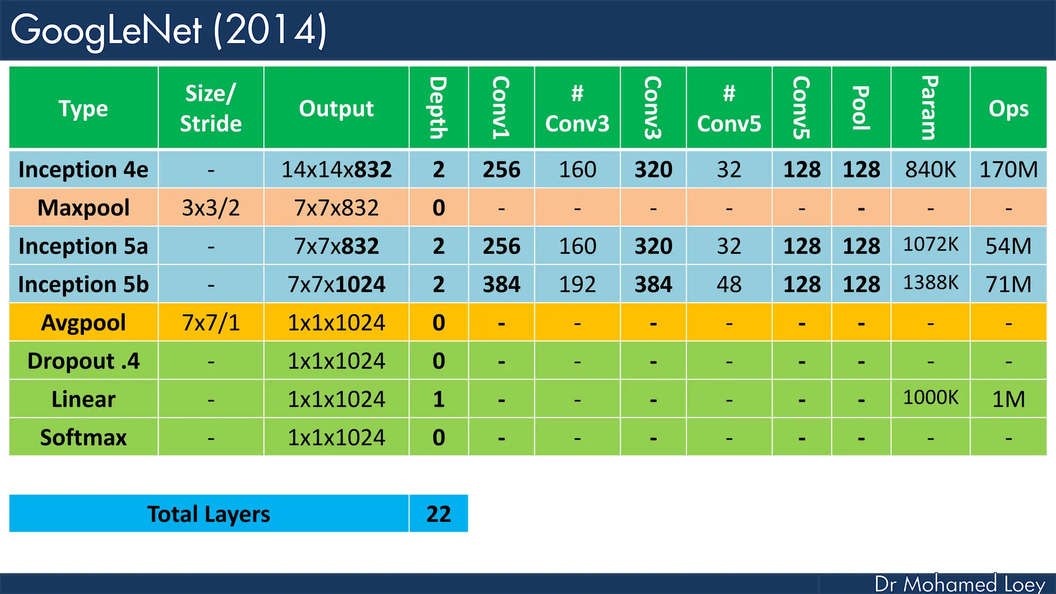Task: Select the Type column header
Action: pyautogui.click(x=84, y=108)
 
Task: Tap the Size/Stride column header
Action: pyautogui.click(x=210, y=108)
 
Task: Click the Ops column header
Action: pyautogui.click(x=1008, y=108)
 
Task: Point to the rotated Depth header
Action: pyautogui.click(x=438, y=108)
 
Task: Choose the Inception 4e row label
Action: pyautogui.click(x=84, y=170)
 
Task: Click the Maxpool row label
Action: pyautogui.click(x=84, y=208)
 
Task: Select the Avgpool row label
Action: pyautogui.click(x=84, y=323)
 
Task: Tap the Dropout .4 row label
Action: pyautogui.click(x=84, y=361)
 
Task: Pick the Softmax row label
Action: pyautogui.click(x=84, y=438)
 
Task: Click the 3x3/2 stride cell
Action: pyautogui.click(x=210, y=208)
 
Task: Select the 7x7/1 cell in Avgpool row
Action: pyautogui.click(x=210, y=323)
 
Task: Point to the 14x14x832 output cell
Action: pyautogui.click(x=336, y=170)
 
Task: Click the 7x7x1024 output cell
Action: pyautogui.click(x=336, y=285)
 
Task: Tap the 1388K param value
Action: pyautogui.click(x=930, y=283)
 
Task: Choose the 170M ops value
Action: pyautogui.click(x=1008, y=170)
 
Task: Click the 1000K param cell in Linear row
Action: pyautogui.click(x=930, y=398)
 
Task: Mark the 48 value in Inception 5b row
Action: pyautogui.click(x=729, y=285)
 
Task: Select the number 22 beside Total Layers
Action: pyautogui.click(x=438, y=514)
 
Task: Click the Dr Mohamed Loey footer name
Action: pyautogui.click(x=960, y=584)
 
